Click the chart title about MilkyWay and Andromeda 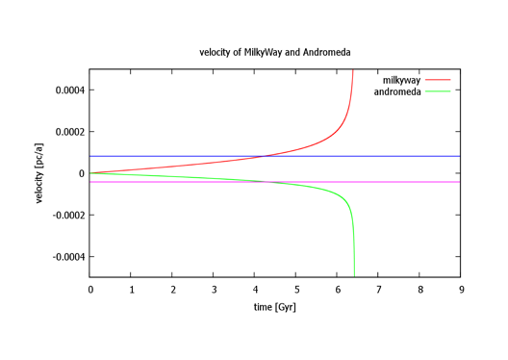[275, 53]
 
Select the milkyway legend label [401, 80]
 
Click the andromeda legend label [397, 91]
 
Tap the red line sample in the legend [438, 80]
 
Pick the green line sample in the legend [438, 91]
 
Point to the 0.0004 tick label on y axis [70, 90]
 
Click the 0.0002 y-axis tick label [70, 132]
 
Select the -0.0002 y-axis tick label [68, 216]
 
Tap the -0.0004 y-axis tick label [68, 257]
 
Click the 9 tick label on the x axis [462, 290]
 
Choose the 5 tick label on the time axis [296, 290]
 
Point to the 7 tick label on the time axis [379, 290]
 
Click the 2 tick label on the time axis [173, 290]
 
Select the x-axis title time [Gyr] [275, 307]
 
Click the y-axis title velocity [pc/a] [38, 173]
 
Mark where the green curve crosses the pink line [267, 182]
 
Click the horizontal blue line [275, 156]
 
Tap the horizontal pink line [275, 182]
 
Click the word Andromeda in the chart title [326, 52]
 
